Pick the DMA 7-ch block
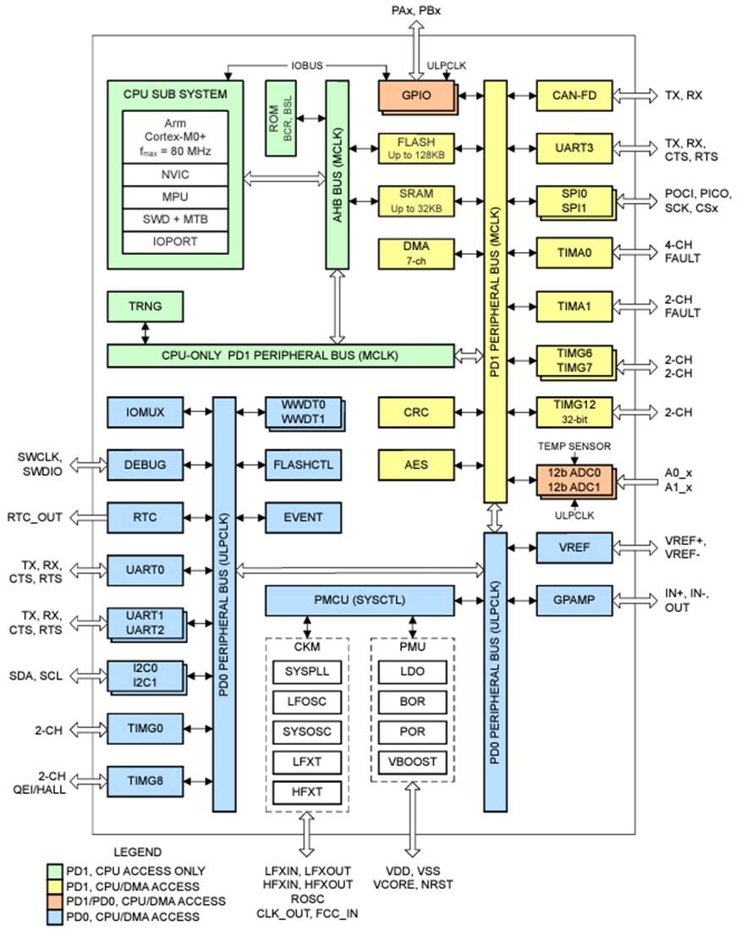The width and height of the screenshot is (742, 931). pyautogui.click(x=415, y=251)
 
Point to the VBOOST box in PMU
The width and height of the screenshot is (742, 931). pyautogui.click(x=412, y=761)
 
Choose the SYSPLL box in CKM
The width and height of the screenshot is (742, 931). pyautogui.click(x=307, y=672)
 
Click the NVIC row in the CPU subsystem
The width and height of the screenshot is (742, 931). pyautogui.click(x=175, y=175)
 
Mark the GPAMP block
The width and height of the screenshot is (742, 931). pyautogui.click(x=574, y=600)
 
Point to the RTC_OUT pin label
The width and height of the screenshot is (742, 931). pyautogui.click(x=35, y=516)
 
